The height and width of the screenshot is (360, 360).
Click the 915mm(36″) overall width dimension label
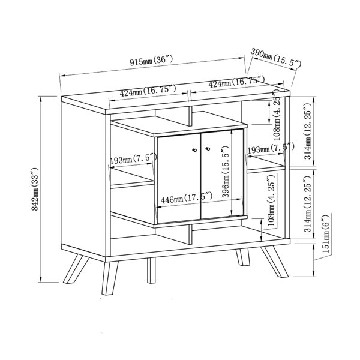pyautogui.click(x=151, y=61)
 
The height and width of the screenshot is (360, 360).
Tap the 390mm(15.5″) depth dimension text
pyautogui.click(x=275, y=58)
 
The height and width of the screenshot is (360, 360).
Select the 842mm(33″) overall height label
pyautogui.click(x=35, y=189)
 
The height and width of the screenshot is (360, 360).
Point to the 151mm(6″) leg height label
pyautogui.click(x=326, y=234)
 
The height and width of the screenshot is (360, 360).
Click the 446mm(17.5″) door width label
pyautogui.click(x=186, y=198)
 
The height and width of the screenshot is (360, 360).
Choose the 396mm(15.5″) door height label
pyautogui.click(x=226, y=172)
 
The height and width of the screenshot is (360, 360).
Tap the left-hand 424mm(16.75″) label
pyautogui.click(x=148, y=91)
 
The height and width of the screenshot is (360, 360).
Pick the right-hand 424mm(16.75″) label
pyautogui.click(x=236, y=82)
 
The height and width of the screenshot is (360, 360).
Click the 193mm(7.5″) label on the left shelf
pyautogui.click(x=133, y=159)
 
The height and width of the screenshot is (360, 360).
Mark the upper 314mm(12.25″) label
pyautogui.click(x=308, y=131)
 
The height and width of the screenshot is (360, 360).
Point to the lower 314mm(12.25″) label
pyautogui.click(x=308, y=205)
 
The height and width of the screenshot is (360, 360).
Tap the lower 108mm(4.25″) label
pyautogui.click(x=271, y=200)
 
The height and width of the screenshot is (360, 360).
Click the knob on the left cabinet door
pyautogui.click(x=194, y=150)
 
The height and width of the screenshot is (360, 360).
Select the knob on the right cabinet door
pyautogui.click(x=208, y=149)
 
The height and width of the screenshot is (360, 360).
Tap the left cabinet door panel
pyautogui.click(x=179, y=178)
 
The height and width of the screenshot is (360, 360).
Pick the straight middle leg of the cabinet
pyautogui.click(x=151, y=270)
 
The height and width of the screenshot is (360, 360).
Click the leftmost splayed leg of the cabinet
pyautogui.click(x=76, y=269)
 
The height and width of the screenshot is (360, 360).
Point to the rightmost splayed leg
pyautogui.click(x=275, y=262)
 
